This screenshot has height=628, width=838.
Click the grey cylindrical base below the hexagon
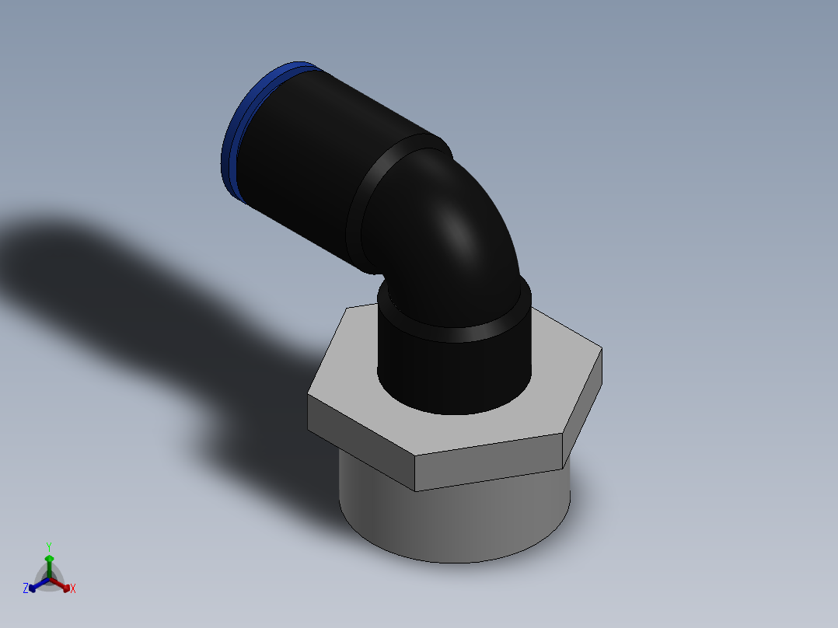(x=459, y=521)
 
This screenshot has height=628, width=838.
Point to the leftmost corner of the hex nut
(x=310, y=396)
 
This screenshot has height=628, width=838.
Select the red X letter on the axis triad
(x=73, y=588)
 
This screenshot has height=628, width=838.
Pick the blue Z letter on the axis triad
(x=26, y=588)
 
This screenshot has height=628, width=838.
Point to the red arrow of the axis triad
(x=64, y=585)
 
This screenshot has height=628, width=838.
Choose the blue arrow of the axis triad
(x=35, y=586)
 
